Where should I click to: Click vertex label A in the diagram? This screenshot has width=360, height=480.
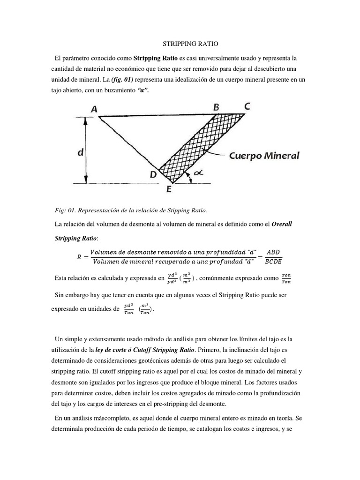pos(94,109)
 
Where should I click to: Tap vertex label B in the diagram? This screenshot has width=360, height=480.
pos(216,107)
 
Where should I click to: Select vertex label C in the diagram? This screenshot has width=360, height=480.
pos(247,107)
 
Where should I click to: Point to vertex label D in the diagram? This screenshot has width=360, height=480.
pos(153,174)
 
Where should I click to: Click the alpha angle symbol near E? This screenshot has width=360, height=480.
pos(199,172)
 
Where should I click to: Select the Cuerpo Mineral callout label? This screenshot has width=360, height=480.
pos(263,155)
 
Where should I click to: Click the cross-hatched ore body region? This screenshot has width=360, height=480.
pos(202,141)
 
